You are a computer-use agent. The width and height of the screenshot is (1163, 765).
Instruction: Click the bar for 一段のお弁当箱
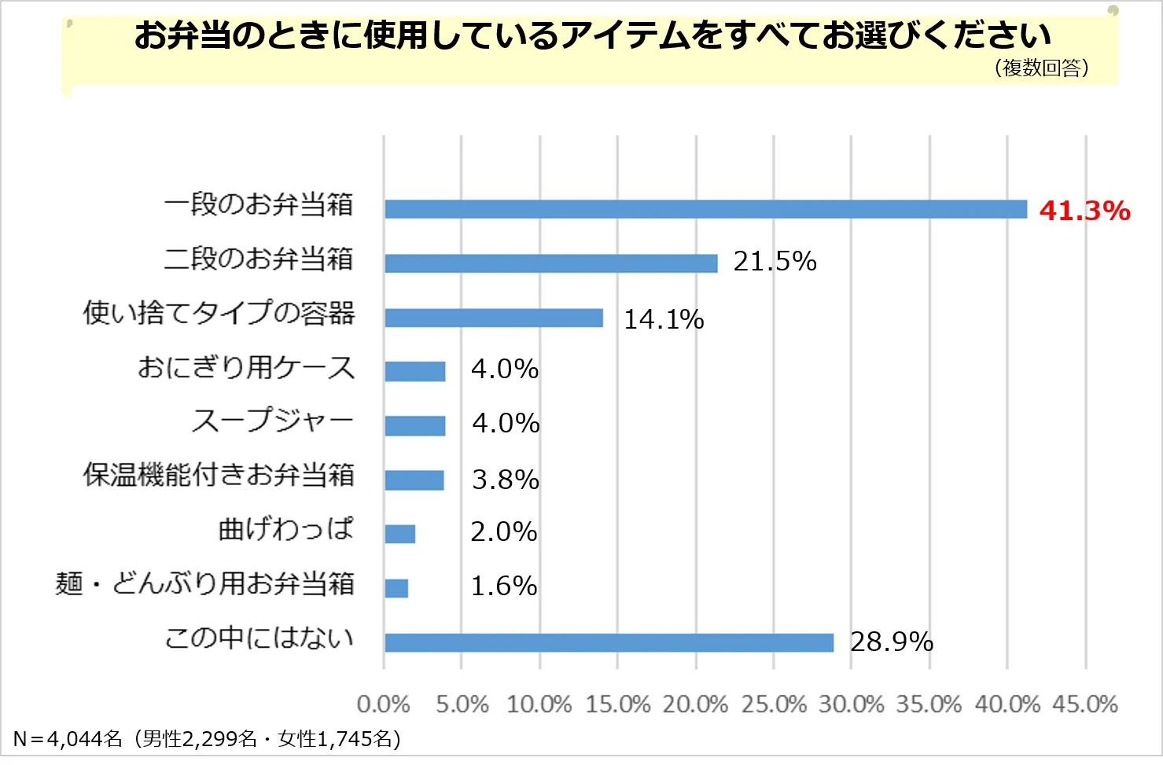click(705, 209)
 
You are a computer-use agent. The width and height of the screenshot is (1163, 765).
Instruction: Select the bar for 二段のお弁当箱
click(550, 263)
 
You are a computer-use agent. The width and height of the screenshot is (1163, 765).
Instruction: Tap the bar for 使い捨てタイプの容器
click(493, 318)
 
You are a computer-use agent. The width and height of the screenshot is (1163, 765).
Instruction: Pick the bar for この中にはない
click(609, 642)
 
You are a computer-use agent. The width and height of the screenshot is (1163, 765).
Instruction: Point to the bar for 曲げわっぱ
click(399, 534)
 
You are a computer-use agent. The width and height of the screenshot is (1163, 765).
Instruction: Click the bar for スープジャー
click(414, 425)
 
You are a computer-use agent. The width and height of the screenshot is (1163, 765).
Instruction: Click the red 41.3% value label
click(1084, 211)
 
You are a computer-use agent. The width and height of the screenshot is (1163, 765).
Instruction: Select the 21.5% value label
click(775, 261)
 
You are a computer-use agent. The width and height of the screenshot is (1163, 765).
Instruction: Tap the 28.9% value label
click(891, 642)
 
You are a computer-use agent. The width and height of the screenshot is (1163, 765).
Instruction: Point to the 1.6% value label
click(503, 586)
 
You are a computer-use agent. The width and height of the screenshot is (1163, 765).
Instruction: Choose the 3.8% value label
click(505, 480)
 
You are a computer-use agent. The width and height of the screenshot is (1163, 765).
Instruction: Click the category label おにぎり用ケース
click(246, 368)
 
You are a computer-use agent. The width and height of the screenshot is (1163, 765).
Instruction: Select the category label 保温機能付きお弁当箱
click(219, 476)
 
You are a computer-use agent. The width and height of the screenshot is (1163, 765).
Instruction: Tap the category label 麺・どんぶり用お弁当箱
click(204, 584)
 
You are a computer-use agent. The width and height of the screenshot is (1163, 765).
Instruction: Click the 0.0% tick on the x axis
click(383, 704)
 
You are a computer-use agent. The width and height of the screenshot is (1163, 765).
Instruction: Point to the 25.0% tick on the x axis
click(773, 704)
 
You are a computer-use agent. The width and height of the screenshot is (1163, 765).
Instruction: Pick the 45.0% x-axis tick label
click(1084, 704)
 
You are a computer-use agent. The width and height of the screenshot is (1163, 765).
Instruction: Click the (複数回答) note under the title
click(1041, 68)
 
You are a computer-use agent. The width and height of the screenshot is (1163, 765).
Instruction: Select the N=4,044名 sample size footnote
click(207, 739)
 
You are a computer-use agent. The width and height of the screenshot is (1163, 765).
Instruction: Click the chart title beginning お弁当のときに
click(591, 35)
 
